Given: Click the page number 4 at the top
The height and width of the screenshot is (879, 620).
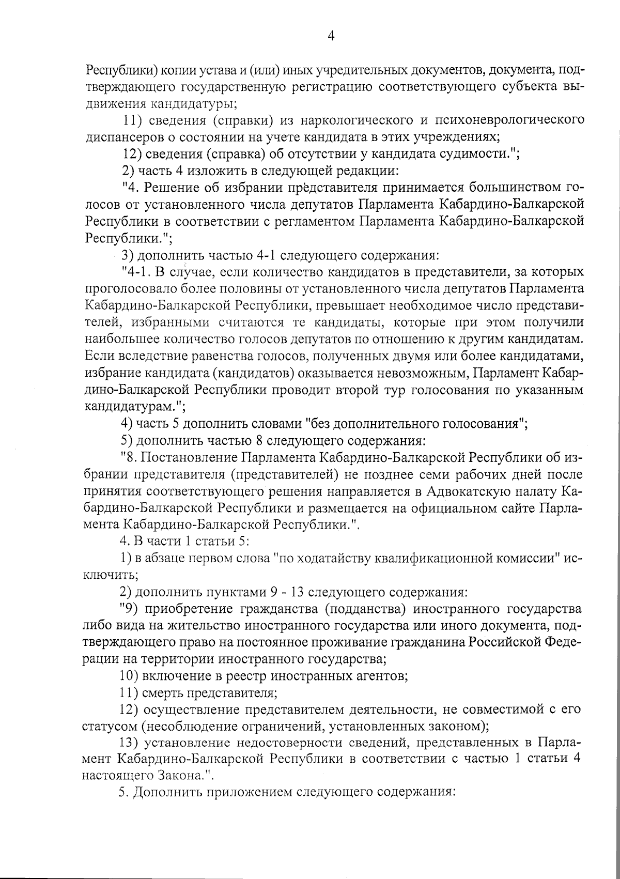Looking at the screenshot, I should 331,36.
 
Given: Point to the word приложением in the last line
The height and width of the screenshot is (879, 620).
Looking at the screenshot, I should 250,793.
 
